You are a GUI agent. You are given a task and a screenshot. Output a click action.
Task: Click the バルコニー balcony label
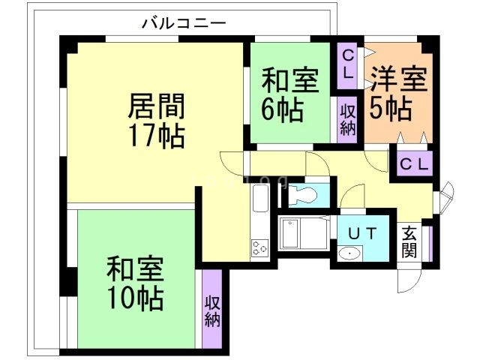click(x=184, y=23)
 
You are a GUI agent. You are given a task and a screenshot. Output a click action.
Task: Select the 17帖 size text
click(x=156, y=136)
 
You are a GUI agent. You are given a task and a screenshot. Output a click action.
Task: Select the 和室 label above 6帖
click(x=289, y=79)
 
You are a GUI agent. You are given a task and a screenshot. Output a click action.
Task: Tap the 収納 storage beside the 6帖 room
click(x=348, y=118)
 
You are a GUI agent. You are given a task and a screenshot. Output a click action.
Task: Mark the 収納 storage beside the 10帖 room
click(x=211, y=310)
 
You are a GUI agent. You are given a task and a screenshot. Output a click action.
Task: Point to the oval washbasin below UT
click(x=349, y=253)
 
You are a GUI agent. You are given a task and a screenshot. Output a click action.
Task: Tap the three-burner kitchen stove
click(x=259, y=247)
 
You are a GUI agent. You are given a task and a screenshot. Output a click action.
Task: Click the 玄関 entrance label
click(x=409, y=241)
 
